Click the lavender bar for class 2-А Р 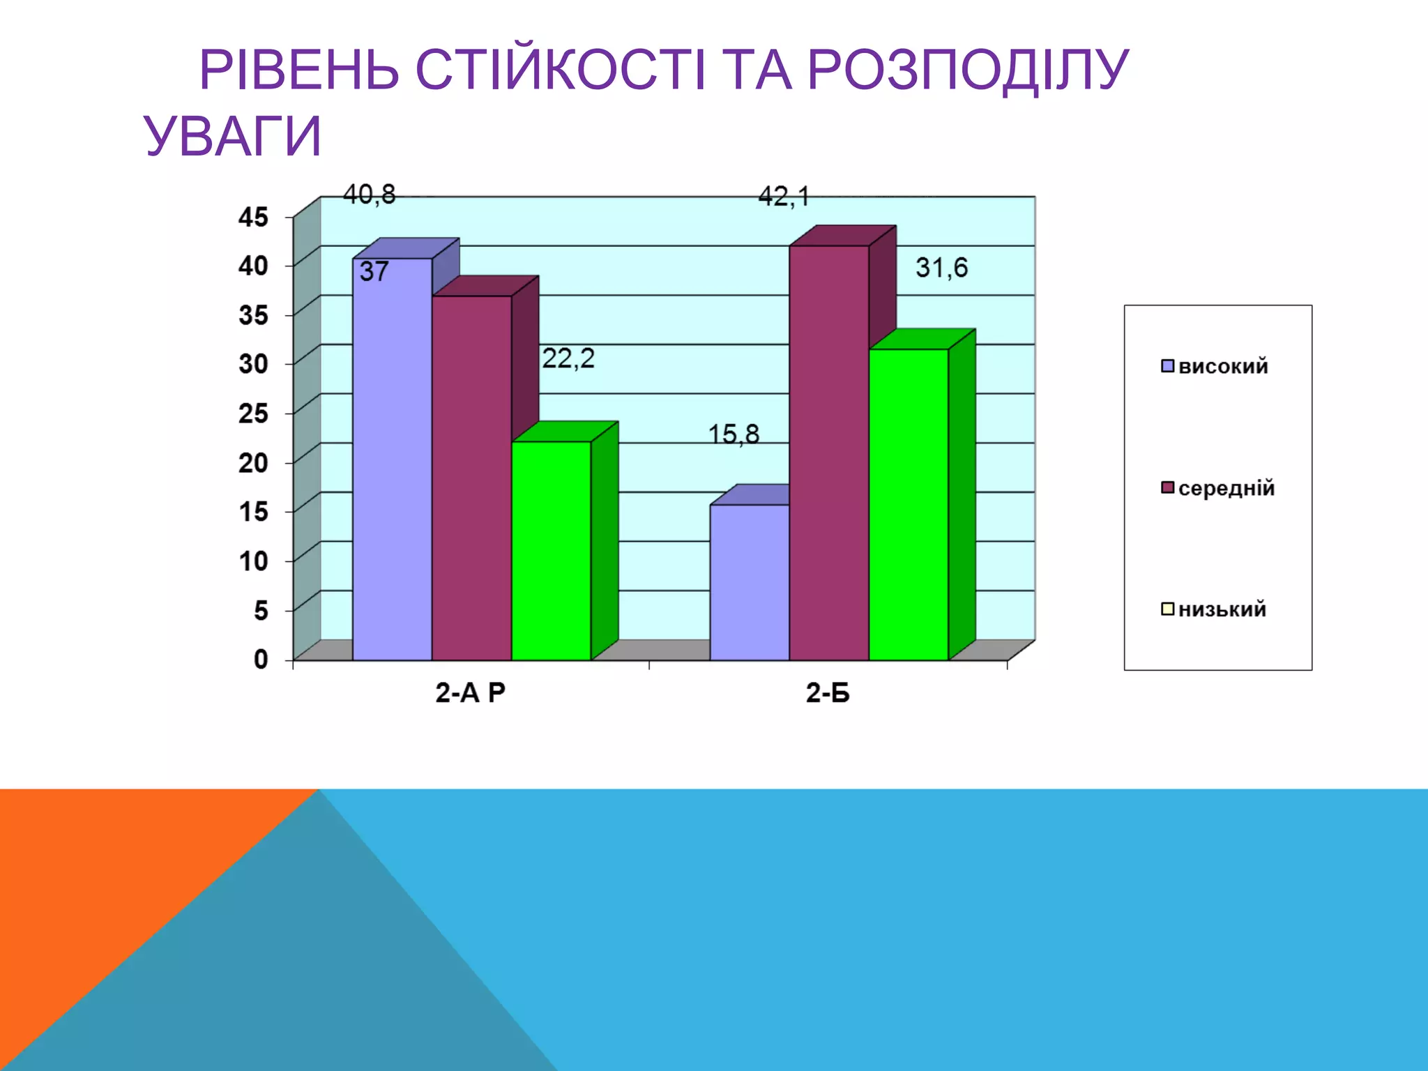(392, 460)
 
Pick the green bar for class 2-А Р (551, 551)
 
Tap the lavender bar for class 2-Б (750, 582)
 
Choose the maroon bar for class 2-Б (829, 453)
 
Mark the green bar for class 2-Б (909, 505)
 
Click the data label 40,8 (369, 195)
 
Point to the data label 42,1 (784, 197)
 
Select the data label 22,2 (568, 358)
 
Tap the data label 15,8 (734, 434)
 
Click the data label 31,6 (941, 268)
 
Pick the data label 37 (374, 271)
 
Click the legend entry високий (1222, 366)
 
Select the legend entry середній (1226, 488)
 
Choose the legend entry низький (1222, 609)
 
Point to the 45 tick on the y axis (253, 217)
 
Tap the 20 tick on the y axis (253, 462)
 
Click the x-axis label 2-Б (828, 693)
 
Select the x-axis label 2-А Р (470, 693)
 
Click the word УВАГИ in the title (233, 136)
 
